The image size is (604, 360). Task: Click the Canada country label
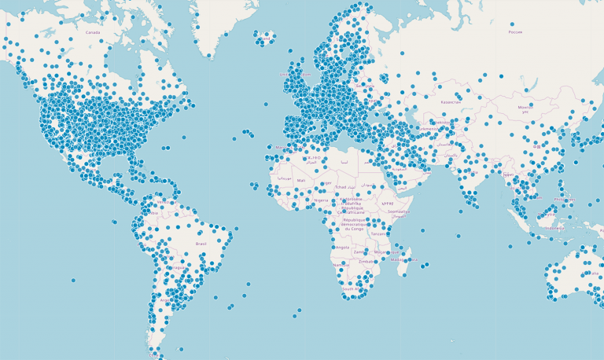pyautogui.click(x=93, y=32)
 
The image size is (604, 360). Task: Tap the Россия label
pyautogui.click(x=515, y=32)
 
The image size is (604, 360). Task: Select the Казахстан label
pyautogui.click(x=451, y=101)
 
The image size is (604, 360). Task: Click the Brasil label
pyautogui.click(x=201, y=244)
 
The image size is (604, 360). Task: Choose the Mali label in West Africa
pyautogui.click(x=301, y=180)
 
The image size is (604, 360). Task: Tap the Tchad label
pyautogui.click(x=341, y=187)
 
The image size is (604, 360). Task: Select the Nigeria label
pyautogui.click(x=321, y=200)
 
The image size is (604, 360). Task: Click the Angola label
pyautogui.click(x=342, y=247)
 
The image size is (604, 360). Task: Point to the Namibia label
pyautogui.click(x=340, y=266)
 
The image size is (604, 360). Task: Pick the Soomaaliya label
pyautogui.click(x=399, y=211)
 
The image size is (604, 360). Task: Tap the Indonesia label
pyautogui.click(x=554, y=228)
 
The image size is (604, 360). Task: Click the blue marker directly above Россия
pyautogui.click(x=512, y=24)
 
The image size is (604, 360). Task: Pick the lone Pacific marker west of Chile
pyautogui.click(x=73, y=280)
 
